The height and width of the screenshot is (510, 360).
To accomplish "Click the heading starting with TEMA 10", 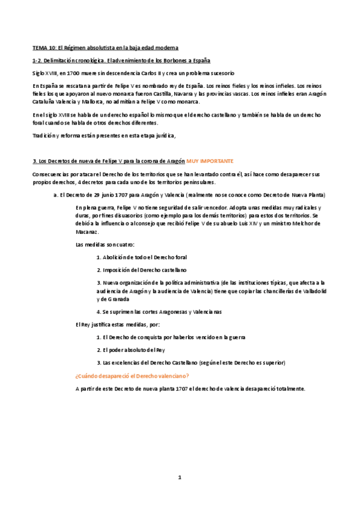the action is [105, 47].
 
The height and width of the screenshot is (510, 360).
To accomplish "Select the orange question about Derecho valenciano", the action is [132, 376].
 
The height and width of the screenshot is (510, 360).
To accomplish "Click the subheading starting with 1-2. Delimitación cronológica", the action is [121, 61].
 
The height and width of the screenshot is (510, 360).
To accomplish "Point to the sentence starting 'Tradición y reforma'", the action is [104, 135].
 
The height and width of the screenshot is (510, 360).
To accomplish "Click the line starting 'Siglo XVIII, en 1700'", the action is [125, 72].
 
